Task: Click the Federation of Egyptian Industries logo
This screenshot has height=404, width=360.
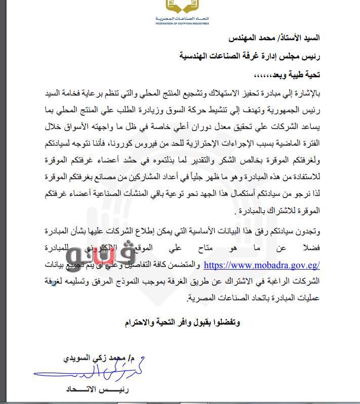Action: pyautogui.click(x=182, y=7)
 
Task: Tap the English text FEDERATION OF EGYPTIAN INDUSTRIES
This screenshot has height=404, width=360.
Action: pyautogui.click(x=182, y=23)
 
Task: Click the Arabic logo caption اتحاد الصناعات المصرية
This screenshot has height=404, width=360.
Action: pyautogui.click(x=182, y=18)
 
